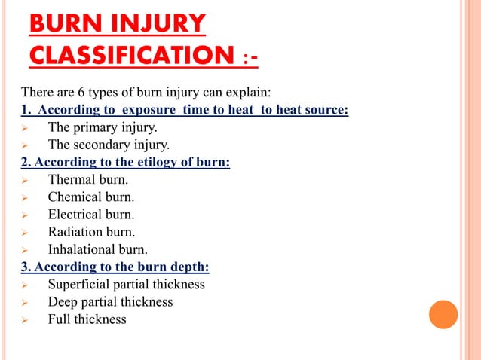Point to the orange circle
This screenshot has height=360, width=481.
coord(443,315)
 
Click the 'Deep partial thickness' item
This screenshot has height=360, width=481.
coord(110,302)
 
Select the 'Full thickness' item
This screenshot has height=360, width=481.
coord(87,319)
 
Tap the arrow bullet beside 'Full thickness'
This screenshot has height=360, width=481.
coord(25,320)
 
